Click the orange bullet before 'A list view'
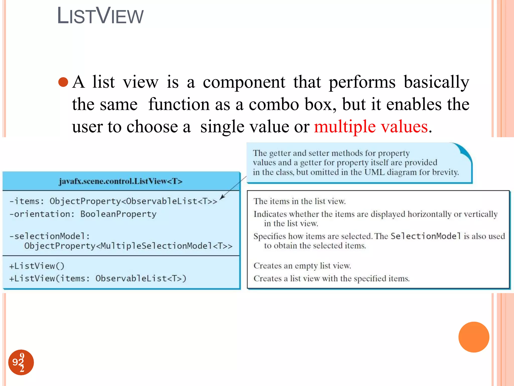coord(63,82)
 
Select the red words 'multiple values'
coord(371,126)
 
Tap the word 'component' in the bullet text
coord(244,82)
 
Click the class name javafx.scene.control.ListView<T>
coord(120,181)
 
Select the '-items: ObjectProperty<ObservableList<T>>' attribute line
coord(113,201)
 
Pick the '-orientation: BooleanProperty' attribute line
coord(83,214)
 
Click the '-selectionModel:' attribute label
coord(49,236)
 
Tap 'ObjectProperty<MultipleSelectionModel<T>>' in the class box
coord(128,246)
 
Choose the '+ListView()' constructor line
coord(37,266)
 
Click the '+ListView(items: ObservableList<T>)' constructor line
coord(98,278)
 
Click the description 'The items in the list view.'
coord(299,201)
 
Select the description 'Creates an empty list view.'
coord(302,266)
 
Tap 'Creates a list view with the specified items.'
coord(331,278)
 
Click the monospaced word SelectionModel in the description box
coord(426,236)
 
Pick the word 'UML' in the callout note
coord(374,172)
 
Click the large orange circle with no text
coord(474,337)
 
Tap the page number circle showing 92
coord(21,362)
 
